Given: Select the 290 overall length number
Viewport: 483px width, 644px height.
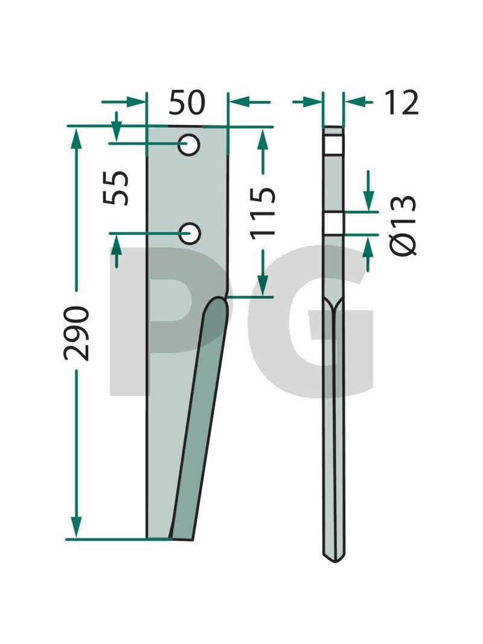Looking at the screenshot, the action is pyautogui.click(x=77, y=333).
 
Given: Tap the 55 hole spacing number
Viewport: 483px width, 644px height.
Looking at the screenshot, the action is pyautogui.click(x=116, y=188).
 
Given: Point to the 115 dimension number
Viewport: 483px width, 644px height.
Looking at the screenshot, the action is pyautogui.click(x=263, y=212).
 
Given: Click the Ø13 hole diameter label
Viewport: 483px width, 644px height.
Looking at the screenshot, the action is pyautogui.click(x=402, y=226).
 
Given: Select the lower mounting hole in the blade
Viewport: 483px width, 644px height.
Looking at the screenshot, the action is pyautogui.click(x=190, y=234).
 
